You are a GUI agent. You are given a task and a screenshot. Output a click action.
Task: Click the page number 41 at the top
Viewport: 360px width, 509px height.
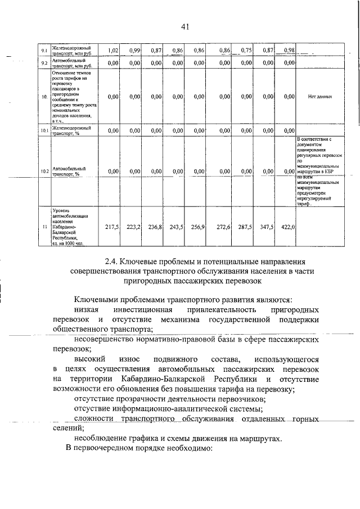click(x=185, y=26)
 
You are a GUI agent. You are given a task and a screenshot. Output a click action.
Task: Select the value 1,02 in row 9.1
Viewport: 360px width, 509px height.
click(x=112, y=51)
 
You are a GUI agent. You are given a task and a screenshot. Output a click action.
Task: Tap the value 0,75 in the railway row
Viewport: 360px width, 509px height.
click(x=245, y=51)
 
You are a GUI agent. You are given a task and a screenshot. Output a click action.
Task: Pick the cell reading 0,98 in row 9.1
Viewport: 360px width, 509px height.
click(x=289, y=51)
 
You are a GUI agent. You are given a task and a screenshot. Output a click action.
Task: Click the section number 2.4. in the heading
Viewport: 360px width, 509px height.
click(x=114, y=262)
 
